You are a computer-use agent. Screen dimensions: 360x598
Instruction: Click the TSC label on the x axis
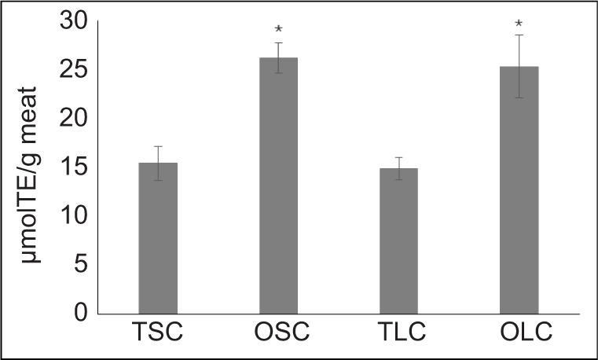coord(158,332)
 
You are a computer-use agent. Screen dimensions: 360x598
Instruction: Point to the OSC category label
coord(278,332)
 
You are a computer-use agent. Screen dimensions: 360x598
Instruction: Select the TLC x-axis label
coord(398,332)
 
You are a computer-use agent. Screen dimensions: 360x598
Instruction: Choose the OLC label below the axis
coord(519,332)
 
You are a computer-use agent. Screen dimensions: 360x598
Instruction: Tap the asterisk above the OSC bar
coord(278,30)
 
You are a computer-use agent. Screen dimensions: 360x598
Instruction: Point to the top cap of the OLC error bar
coord(519,35)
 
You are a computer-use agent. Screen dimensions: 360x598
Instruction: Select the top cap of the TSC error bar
coord(158,146)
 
